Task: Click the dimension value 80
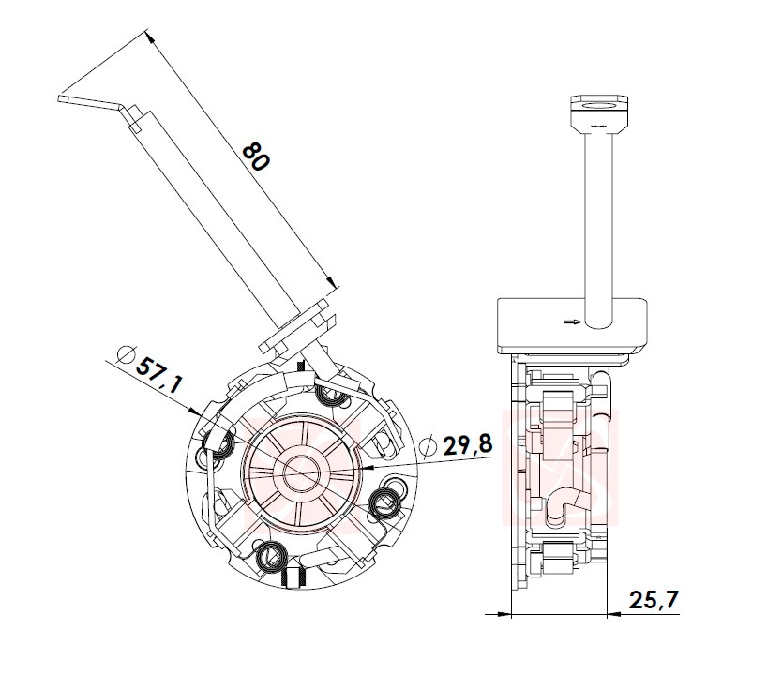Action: pyautogui.click(x=255, y=157)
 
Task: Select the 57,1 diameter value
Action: pyautogui.click(x=158, y=375)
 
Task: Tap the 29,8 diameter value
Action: pyautogui.click(x=467, y=444)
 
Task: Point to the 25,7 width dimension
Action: pyautogui.click(x=654, y=600)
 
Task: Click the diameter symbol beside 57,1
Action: pyautogui.click(x=127, y=354)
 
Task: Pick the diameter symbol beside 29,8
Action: pyautogui.click(x=429, y=445)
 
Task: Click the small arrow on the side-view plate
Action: pyautogui.click(x=571, y=322)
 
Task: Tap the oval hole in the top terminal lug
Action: pyautogui.click(x=599, y=105)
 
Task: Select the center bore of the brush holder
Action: pyautogui.click(x=302, y=473)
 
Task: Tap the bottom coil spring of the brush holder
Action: pyautogui.click(x=270, y=557)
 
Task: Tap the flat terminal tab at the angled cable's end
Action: pyautogui.click(x=90, y=102)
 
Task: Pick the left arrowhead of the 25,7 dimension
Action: pyautogui.click(x=503, y=614)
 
